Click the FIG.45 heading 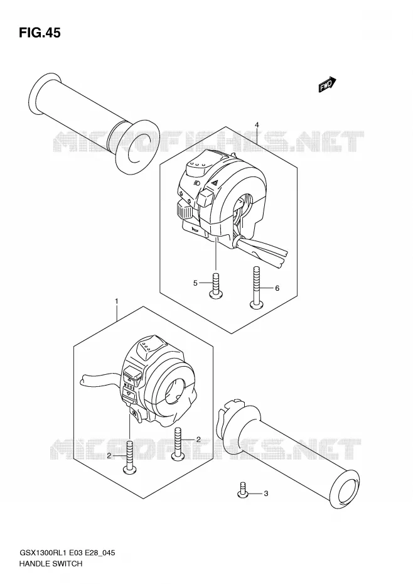coord(40,33)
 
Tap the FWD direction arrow coord(328,85)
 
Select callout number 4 coord(257,125)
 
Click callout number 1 coord(117,301)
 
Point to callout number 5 coord(195,283)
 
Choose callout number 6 coord(277,288)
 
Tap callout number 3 coord(265,494)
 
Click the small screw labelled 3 coord(243,489)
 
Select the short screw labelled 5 coord(217,286)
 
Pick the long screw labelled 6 coord(256,288)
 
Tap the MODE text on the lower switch coord(129,385)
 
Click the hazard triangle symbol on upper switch coord(215,183)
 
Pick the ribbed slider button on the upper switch coord(184,210)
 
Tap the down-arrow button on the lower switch coord(129,394)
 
